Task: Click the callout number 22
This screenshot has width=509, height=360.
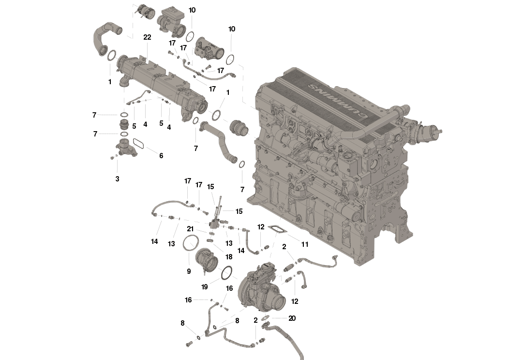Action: point(147,38)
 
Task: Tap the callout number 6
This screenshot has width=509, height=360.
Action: point(161,156)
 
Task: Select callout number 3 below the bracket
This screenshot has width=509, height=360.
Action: point(117,179)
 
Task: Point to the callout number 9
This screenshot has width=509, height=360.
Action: point(189,271)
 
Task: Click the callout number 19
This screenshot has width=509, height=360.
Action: point(205,287)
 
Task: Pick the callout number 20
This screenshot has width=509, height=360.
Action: point(292,318)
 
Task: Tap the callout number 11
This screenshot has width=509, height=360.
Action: point(304,244)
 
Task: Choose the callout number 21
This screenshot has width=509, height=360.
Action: point(190,229)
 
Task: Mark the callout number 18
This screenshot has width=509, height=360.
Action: point(229,257)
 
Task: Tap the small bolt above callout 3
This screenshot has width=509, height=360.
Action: point(112,158)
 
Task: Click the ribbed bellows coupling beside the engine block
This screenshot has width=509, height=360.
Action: point(240,127)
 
